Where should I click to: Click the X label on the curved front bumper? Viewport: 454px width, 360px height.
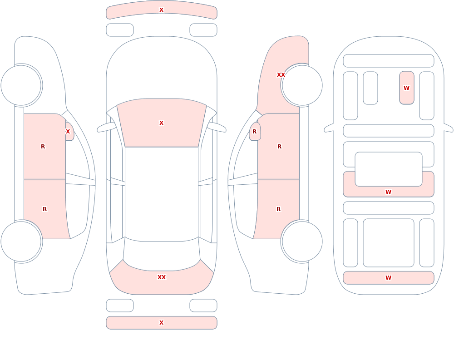(161, 10)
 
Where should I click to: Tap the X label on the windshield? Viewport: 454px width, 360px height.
(161, 123)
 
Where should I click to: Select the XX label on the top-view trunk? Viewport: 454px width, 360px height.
(161, 277)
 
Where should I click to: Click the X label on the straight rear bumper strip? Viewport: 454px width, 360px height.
(161, 323)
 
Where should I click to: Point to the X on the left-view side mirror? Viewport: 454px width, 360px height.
(68, 132)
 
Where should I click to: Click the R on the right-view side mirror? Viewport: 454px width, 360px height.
(254, 132)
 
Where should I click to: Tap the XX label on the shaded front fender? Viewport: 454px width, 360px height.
(281, 75)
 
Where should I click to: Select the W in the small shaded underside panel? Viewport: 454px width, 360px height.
(406, 88)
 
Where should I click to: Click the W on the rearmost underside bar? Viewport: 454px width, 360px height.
(388, 278)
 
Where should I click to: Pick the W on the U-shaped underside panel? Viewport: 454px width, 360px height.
(388, 192)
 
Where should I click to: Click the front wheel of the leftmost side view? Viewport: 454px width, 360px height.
(21, 85)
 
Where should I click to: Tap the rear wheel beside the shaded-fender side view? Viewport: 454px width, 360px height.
(302, 242)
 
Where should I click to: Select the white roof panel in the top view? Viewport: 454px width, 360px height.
(162, 194)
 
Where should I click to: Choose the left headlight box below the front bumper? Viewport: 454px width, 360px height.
(119, 30)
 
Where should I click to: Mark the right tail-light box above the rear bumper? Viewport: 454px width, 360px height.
(203, 306)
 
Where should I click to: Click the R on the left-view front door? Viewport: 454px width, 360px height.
(43, 147)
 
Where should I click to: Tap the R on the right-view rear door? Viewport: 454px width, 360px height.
(279, 209)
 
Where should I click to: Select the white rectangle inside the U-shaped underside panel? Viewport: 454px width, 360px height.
(389, 169)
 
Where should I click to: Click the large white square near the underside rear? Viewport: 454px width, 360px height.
(389, 243)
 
